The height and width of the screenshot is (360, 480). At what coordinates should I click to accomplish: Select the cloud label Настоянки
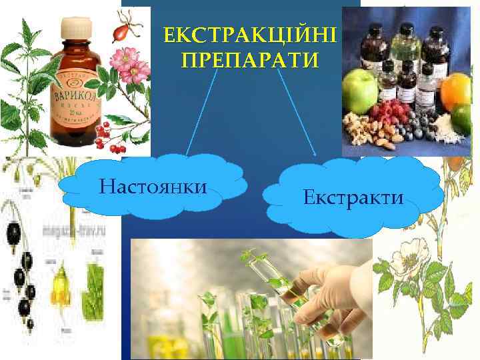pos(152,185)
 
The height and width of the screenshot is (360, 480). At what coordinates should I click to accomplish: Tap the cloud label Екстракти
pos(353,197)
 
